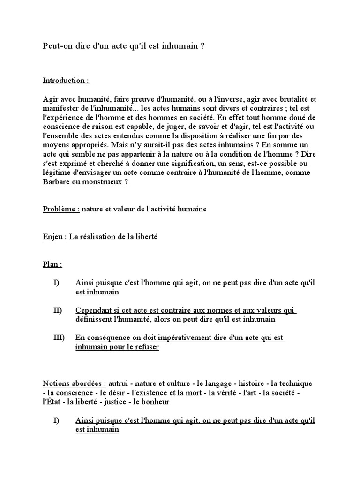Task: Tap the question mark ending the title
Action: click(x=202, y=47)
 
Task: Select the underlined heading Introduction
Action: click(x=66, y=81)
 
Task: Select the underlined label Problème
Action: click(x=61, y=209)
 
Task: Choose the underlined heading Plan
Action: click(x=52, y=264)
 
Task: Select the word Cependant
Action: click(x=94, y=310)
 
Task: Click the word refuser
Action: click(x=147, y=347)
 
